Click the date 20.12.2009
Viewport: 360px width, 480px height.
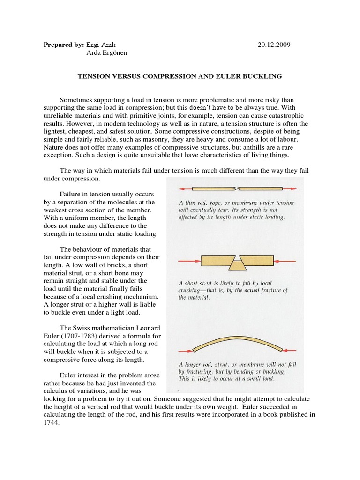[x=274, y=45]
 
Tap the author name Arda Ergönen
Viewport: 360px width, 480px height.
[x=107, y=53]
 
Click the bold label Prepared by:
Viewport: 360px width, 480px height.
[x=63, y=45]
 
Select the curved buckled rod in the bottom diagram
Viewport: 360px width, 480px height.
[x=239, y=339]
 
